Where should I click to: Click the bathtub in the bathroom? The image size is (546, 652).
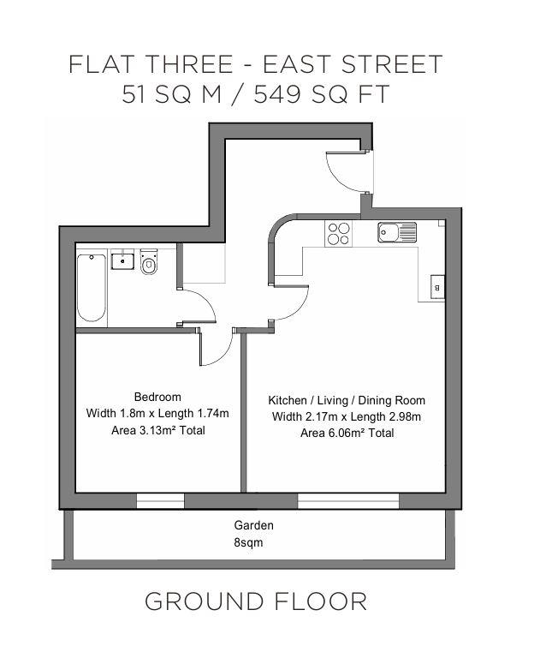[92, 289]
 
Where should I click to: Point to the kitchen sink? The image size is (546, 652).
[396, 232]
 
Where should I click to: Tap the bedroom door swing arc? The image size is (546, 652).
[219, 347]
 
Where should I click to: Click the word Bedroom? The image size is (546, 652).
[157, 397]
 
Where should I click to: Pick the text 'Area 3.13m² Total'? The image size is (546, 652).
[157, 430]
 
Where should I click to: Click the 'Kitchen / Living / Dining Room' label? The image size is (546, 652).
[346, 400]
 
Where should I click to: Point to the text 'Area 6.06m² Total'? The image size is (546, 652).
[346, 434]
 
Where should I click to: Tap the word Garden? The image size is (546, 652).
[254, 525]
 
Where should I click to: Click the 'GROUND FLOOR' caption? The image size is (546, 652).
[255, 601]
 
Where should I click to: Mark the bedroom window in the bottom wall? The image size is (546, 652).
[160, 500]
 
